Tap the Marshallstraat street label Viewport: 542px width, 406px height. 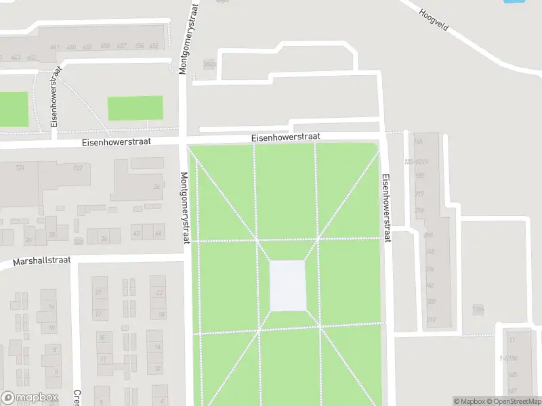[x=41, y=262]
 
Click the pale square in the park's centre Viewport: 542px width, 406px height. [x=288, y=286]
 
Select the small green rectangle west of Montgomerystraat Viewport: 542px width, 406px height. [x=135, y=108]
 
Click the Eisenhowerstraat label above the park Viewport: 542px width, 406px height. [x=285, y=137]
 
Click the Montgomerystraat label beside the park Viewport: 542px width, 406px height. [x=185, y=207]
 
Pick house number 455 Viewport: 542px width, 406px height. [x=154, y=46]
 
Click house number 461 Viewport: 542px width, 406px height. [x=54, y=47]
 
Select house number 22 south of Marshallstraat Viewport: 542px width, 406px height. [x=159, y=292]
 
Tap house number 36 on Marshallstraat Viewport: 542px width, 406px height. [x=104, y=238]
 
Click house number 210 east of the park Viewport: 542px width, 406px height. [x=431, y=319]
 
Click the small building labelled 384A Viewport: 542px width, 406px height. [x=209, y=64]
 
